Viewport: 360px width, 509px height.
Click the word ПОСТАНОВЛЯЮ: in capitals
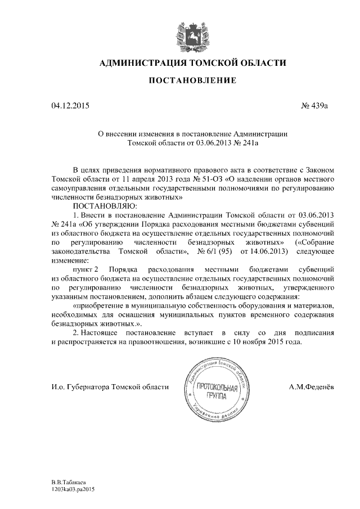[x=101, y=206]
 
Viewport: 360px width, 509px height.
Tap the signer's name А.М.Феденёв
[x=312, y=387]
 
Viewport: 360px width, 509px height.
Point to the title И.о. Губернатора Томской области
[x=109, y=387]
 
